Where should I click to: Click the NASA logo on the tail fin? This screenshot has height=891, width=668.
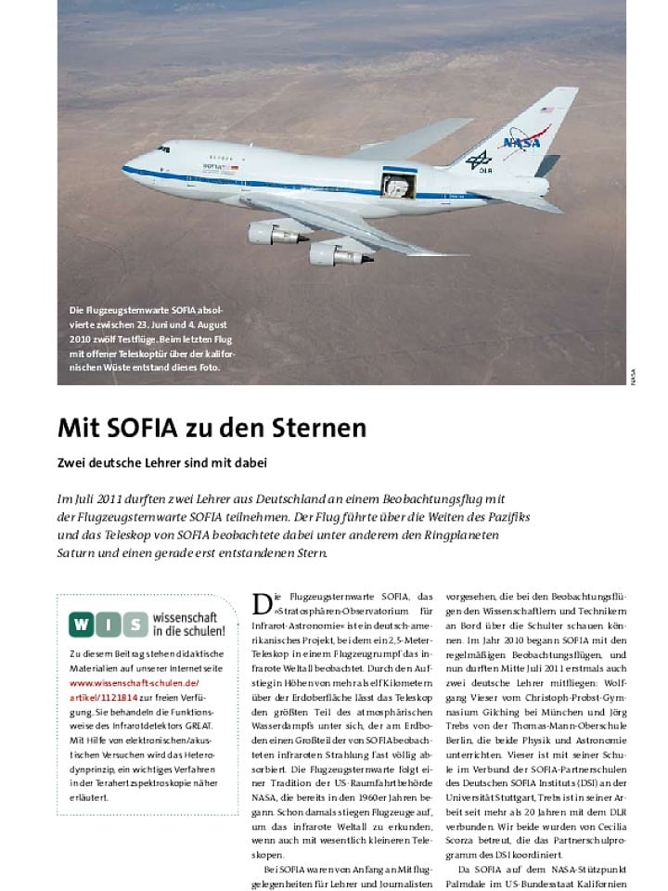(x=527, y=141)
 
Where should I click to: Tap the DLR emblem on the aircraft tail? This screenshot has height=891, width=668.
(x=480, y=161)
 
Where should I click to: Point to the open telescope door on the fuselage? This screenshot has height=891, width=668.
(x=399, y=184)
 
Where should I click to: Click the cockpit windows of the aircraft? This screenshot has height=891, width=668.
(x=163, y=148)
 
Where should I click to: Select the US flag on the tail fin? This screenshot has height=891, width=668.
(x=546, y=110)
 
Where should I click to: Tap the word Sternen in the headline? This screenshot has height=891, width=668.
(x=316, y=428)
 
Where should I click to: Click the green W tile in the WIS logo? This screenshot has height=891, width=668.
(x=82, y=625)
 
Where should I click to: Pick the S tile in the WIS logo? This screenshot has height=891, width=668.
(x=135, y=625)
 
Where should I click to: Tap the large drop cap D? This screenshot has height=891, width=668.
(x=262, y=604)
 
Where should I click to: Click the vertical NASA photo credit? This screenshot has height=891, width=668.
(x=634, y=378)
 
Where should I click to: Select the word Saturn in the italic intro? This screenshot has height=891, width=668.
(x=80, y=554)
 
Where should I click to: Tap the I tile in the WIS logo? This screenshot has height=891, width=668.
(x=109, y=625)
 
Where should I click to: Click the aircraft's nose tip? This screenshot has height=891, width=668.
(x=123, y=167)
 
